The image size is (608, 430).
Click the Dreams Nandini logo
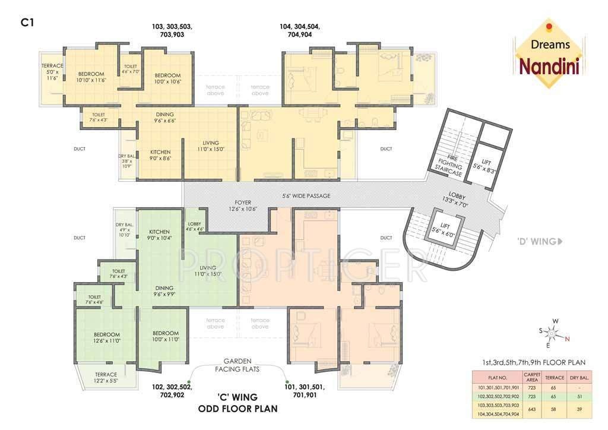[549, 55]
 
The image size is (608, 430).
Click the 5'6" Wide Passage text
[306, 195]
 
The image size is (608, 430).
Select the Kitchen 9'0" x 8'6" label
[160, 156]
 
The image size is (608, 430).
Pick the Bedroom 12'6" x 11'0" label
[107, 337]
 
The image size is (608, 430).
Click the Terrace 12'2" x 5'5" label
[106, 378]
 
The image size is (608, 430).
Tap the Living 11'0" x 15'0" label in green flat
[207, 271]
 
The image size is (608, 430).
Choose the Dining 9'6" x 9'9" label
[164, 290]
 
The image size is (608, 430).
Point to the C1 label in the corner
[26, 22]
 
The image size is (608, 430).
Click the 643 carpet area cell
[532, 409]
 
